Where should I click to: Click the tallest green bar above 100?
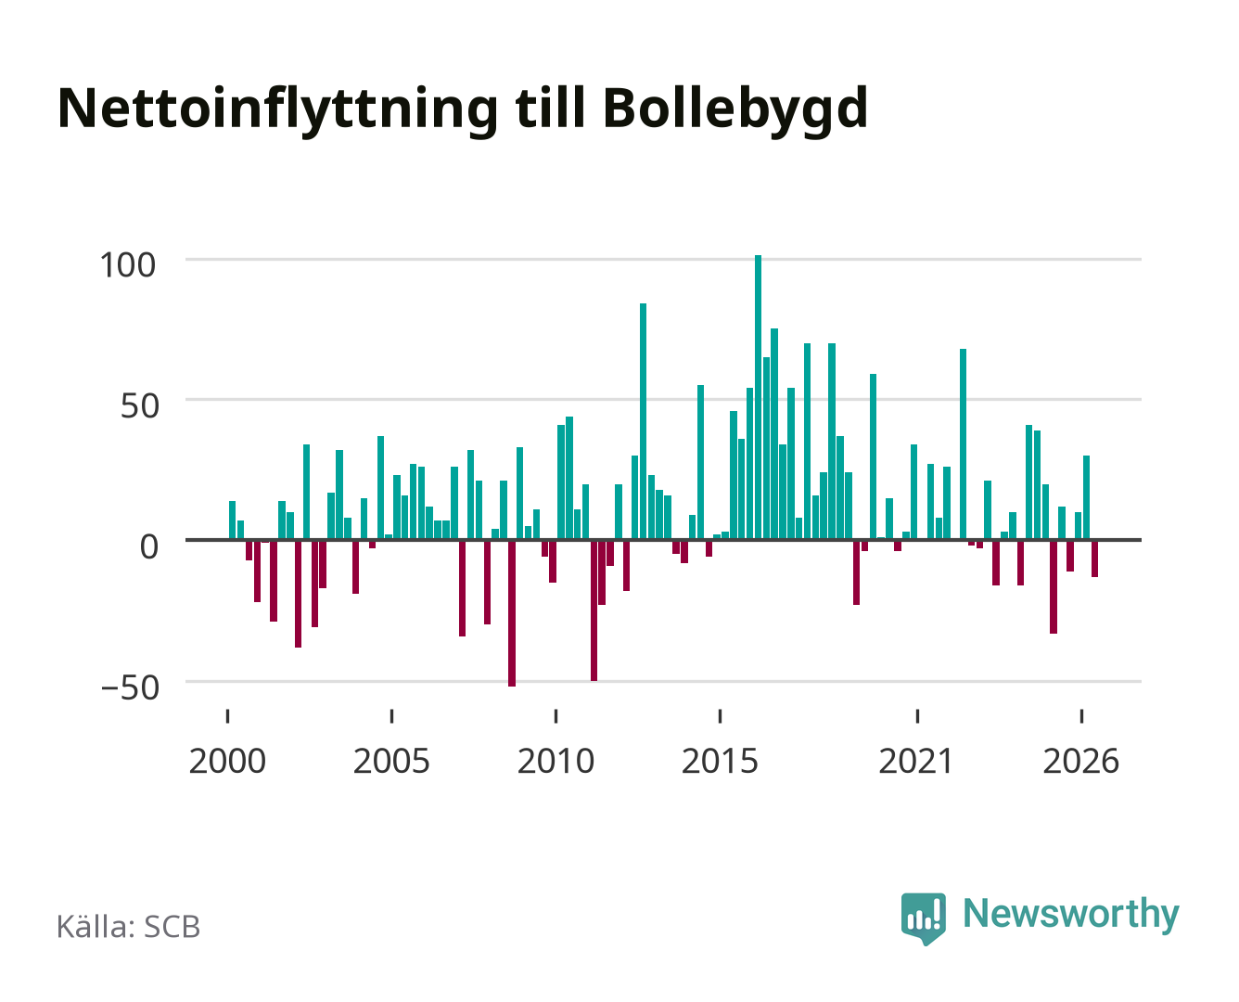[x=758, y=397]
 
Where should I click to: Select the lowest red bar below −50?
[x=512, y=613]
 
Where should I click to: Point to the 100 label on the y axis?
[x=128, y=265]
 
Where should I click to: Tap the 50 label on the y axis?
[x=140, y=406]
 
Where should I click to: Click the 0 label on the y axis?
[x=149, y=547]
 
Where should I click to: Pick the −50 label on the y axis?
[x=130, y=687]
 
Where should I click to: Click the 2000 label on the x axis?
[x=227, y=761]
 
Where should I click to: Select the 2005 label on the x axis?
[x=391, y=761]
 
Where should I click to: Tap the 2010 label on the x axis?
[x=556, y=761]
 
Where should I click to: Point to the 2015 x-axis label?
[x=721, y=761]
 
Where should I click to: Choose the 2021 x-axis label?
[x=916, y=761]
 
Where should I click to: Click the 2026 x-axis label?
[x=1081, y=761]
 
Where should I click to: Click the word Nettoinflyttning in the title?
[x=278, y=110]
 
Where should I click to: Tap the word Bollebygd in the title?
[x=735, y=110]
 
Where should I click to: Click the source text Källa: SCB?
[x=129, y=927]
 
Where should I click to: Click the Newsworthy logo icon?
[x=923, y=918]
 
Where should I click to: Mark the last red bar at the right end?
[x=1094, y=559]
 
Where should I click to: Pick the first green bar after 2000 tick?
[x=232, y=520]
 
